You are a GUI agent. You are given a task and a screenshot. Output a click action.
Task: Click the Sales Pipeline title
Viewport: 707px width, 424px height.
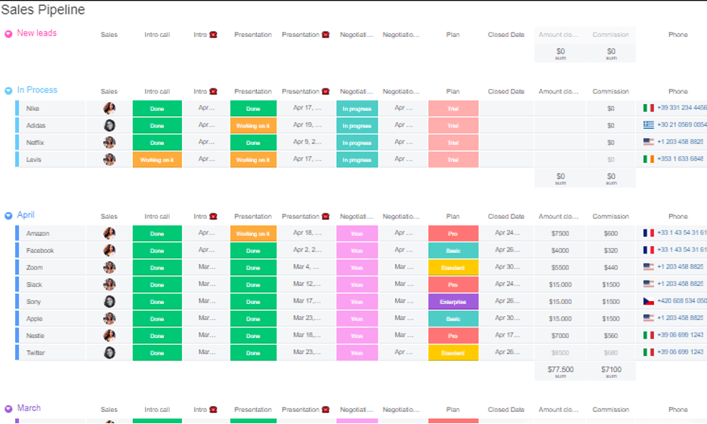tap(43, 11)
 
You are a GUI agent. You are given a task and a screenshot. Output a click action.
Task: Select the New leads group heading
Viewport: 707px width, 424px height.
tap(36, 33)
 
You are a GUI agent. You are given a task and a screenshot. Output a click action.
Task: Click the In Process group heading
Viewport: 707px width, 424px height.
tap(37, 90)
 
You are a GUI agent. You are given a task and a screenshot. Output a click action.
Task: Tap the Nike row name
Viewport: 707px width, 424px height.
tap(32, 109)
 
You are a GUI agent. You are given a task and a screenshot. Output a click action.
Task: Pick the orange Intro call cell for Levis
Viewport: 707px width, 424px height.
tap(156, 160)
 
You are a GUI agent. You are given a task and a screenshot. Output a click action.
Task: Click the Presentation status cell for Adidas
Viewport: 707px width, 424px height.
tap(253, 126)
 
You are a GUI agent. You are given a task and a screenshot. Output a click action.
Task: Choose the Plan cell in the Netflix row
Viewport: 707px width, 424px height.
tap(452, 143)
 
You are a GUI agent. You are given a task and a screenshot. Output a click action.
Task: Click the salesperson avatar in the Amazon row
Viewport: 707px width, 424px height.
tap(110, 234)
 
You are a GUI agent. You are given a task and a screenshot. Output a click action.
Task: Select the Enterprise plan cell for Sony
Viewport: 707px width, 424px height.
tap(452, 302)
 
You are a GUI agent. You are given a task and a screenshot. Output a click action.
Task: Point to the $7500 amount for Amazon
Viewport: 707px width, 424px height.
tap(560, 234)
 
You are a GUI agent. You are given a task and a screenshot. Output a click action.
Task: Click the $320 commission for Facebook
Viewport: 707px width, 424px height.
tap(610, 250)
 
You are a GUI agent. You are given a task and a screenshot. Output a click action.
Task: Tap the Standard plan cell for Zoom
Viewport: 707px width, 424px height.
tap(452, 268)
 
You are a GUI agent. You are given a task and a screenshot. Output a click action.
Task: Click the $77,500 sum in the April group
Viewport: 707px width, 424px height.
tap(560, 370)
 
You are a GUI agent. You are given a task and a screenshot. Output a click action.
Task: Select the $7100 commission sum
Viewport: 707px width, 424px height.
tap(610, 370)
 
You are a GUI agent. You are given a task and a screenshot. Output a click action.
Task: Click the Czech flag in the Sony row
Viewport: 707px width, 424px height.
tap(648, 302)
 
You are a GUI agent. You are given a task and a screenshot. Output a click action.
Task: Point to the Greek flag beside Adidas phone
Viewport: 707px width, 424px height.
tap(648, 125)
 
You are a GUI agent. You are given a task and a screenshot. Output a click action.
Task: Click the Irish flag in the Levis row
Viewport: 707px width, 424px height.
tap(648, 159)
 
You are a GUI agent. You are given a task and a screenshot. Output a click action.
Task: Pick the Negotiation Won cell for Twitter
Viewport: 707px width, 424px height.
tap(357, 353)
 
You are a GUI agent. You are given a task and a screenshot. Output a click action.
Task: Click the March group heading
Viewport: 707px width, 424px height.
tap(29, 408)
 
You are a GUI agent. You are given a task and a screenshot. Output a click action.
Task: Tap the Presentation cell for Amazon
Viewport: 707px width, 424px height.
tap(253, 234)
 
